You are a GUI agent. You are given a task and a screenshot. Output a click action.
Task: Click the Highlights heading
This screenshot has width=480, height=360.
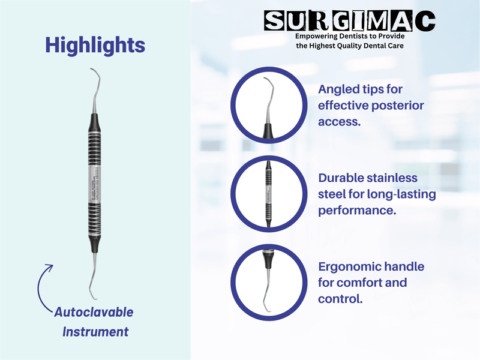pos(95,45)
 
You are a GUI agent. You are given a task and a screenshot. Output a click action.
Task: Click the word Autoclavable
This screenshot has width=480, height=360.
pos(94,313)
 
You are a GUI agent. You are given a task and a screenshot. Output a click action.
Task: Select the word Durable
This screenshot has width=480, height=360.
pos(343,178)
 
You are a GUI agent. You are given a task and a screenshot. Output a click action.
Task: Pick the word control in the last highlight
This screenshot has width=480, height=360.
pos(340,298)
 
